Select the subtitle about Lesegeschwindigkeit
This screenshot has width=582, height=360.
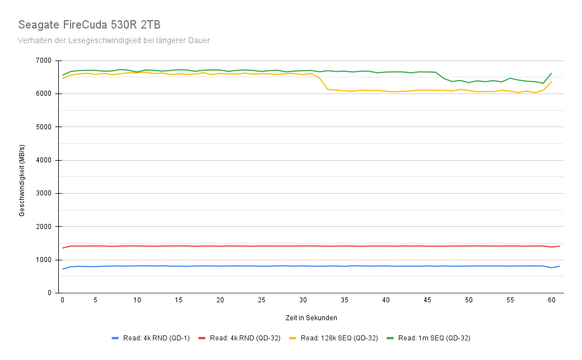click(114, 40)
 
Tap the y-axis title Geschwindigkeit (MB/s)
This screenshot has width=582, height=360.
click(22, 177)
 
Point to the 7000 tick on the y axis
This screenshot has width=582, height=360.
click(44, 60)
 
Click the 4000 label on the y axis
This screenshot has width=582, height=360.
click(44, 160)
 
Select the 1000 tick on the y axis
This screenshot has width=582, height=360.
click(44, 260)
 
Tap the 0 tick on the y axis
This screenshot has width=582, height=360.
click(49, 293)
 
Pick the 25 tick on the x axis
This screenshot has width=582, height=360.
click(262, 301)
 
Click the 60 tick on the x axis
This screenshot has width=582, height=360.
click(551, 301)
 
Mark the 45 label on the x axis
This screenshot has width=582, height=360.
click(427, 301)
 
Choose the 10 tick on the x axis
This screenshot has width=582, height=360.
click(137, 301)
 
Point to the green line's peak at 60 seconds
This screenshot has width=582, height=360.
click(551, 73)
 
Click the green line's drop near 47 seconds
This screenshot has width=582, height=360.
click(444, 78)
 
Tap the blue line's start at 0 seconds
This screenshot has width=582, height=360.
click(63, 269)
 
